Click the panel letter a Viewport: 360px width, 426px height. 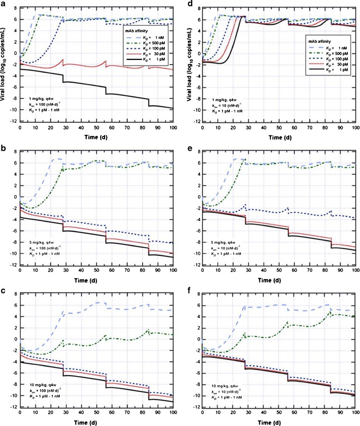(x=3, y=4)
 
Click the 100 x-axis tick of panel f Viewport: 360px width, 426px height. (x=354, y=414)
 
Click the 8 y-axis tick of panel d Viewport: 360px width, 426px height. (x=199, y=9)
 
